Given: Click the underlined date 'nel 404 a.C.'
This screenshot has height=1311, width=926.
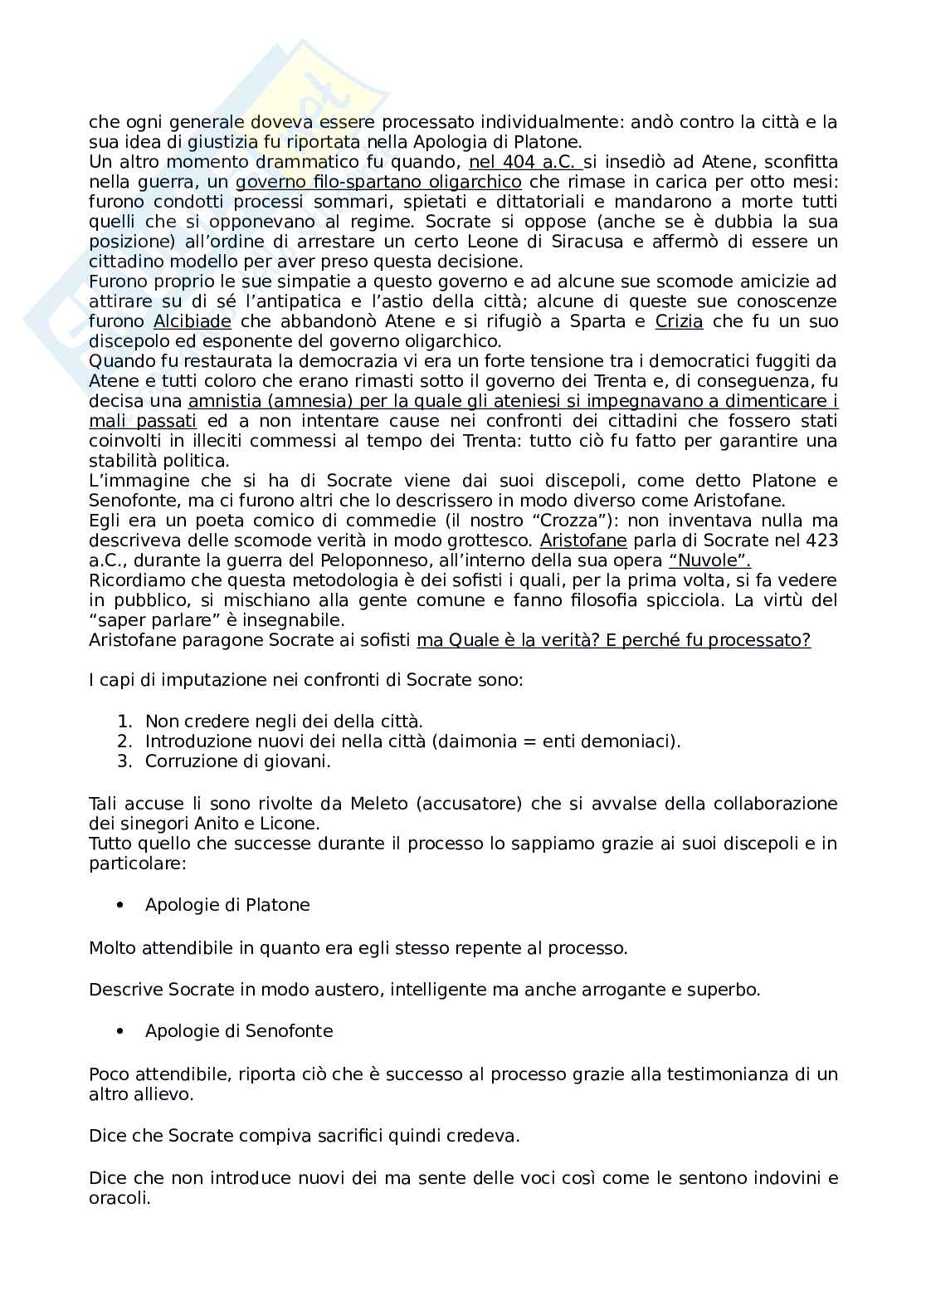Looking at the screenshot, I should click(x=525, y=162).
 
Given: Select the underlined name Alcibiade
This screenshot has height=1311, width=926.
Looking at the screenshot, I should click(x=192, y=321).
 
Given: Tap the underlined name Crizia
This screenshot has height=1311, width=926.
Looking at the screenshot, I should click(x=679, y=321).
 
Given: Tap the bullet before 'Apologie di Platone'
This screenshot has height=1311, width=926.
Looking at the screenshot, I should click(x=120, y=905).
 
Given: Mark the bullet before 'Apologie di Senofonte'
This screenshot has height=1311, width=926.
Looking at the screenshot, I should click(x=120, y=1031).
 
